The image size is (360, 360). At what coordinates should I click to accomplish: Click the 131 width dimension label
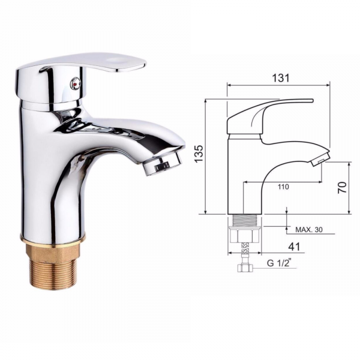coord(281,78)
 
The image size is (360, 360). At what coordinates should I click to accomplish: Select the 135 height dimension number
coord(199,154)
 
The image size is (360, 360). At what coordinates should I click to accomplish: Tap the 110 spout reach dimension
coord(283,187)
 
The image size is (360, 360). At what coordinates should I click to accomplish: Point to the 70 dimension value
coord(343,187)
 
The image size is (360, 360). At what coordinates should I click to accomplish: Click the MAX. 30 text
coord(309,229)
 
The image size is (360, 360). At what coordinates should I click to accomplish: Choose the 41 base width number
coord(295,247)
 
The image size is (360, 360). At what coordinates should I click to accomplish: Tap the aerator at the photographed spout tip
coord(162,165)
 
